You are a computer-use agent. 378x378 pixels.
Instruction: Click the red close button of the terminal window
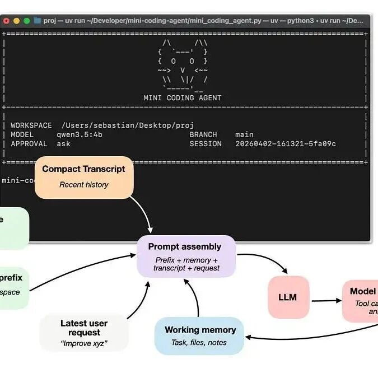coord(6,21)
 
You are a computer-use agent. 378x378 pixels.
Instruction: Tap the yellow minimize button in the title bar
coord(16,21)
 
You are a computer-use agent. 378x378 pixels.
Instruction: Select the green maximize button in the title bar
coord(26,21)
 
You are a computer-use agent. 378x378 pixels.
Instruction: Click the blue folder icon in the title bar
coord(38,21)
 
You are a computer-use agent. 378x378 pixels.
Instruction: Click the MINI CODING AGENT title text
coord(182,97)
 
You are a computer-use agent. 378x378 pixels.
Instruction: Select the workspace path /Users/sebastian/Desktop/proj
coord(128,125)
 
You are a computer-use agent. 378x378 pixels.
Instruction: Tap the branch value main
coord(244,134)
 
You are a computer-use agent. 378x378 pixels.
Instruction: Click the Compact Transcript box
coord(84,176)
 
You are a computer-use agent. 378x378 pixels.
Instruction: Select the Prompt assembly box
coord(186,256)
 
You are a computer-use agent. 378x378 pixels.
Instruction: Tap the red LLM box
coord(288,297)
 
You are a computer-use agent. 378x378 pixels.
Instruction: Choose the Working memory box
coord(199,335)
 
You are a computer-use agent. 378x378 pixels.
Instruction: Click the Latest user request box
coord(84,332)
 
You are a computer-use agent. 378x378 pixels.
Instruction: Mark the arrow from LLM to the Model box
coord(326,301)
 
